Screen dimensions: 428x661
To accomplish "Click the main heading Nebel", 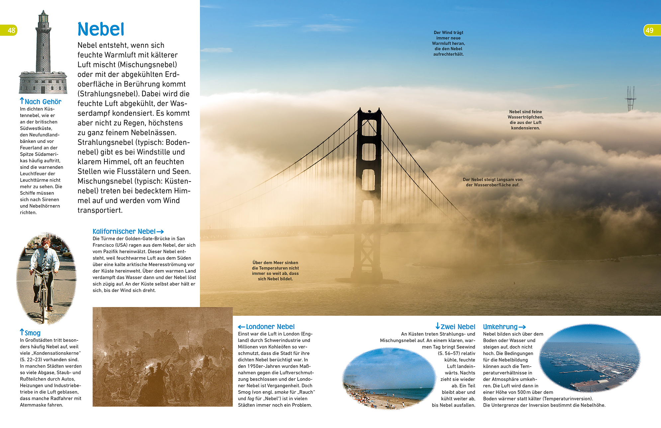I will [101, 29].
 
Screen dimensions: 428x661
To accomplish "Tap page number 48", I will [11, 31].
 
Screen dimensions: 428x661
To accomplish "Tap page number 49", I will [649, 31].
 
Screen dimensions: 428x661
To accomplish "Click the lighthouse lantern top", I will [43, 16].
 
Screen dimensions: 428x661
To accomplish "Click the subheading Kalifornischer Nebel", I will [124, 232].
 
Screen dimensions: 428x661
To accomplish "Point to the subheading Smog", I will [33, 333].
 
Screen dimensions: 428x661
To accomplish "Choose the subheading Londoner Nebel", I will [270, 327].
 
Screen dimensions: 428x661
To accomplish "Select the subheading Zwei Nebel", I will [458, 327].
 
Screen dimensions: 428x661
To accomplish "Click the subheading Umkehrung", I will [500, 327].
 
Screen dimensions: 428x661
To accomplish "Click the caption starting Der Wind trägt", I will [448, 43].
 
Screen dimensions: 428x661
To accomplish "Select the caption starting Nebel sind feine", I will [525, 120].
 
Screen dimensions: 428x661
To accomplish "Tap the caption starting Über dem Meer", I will [275, 271].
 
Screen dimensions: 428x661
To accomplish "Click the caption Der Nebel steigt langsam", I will [492, 182].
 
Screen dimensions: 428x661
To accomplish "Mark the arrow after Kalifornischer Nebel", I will [160, 232].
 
